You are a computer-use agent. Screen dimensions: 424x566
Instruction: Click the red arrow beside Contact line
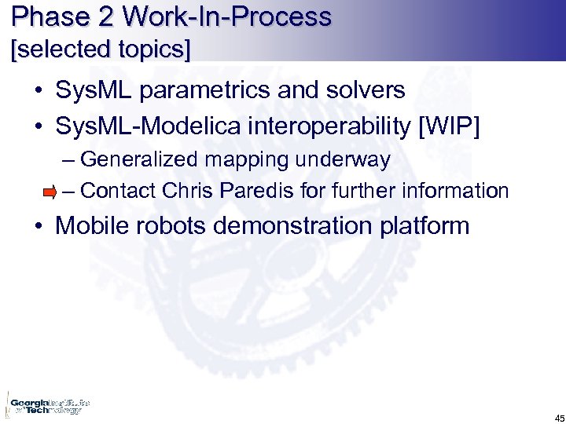pyautogui.click(x=50, y=191)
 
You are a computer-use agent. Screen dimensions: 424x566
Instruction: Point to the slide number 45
pyautogui.click(x=548, y=417)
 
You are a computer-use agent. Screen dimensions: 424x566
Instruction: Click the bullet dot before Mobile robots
pyautogui.click(x=39, y=227)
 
